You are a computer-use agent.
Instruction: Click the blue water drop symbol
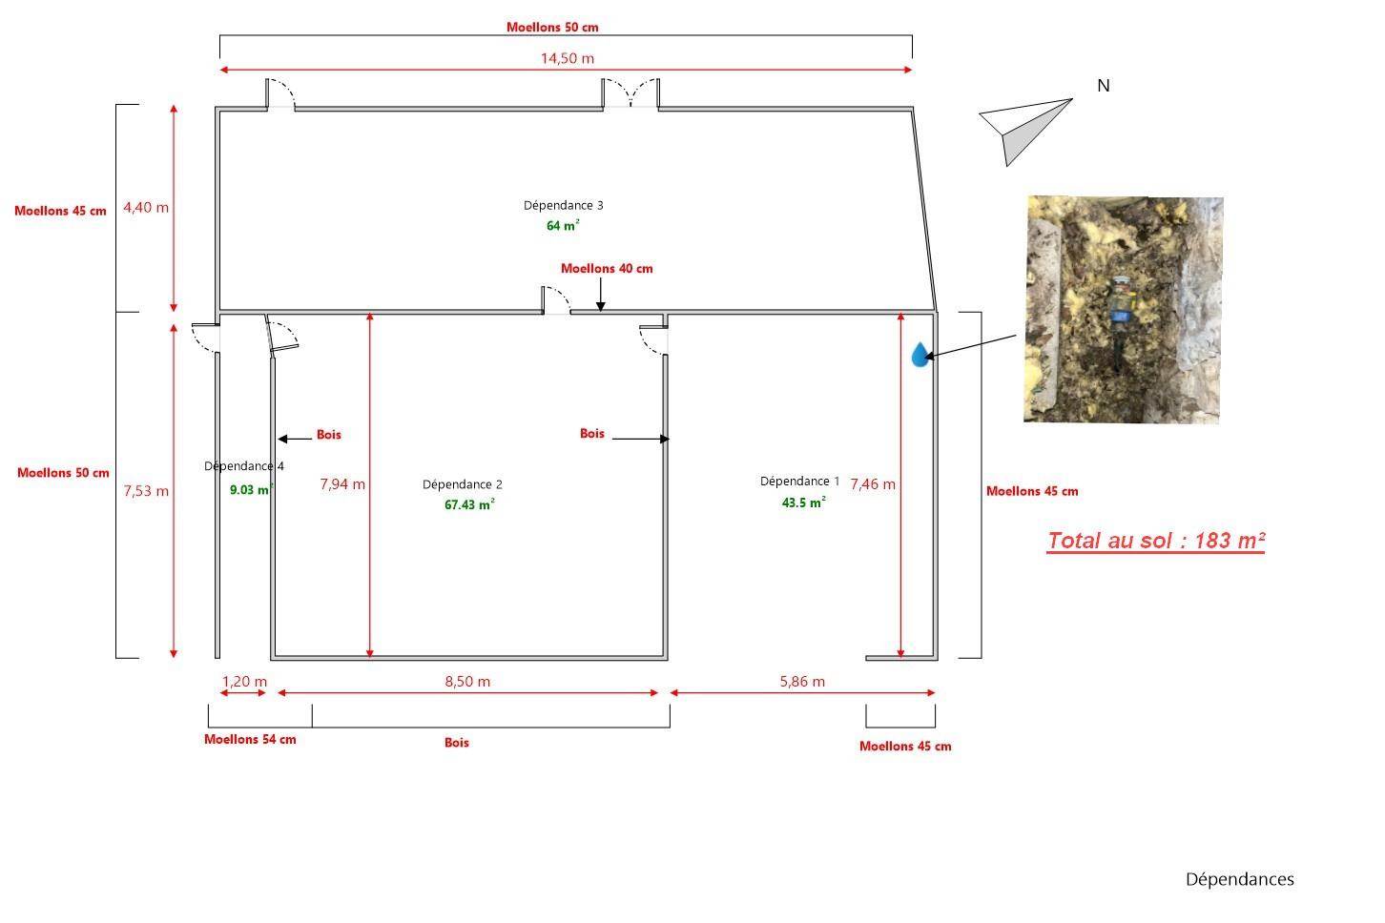point(920,356)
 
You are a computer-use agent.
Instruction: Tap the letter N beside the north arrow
point(1104,86)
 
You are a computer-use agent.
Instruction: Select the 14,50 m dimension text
point(567,58)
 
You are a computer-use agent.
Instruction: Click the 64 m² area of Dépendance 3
point(562,226)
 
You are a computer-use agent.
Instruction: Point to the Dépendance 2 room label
point(462,484)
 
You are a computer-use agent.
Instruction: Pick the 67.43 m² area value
point(468,504)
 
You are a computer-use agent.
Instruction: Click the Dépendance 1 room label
point(799,482)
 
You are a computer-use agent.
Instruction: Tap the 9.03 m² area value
point(250,490)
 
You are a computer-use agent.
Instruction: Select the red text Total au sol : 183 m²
point(1155,541)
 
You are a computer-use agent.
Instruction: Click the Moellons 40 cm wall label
point(607,269)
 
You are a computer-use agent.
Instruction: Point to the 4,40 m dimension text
point(146,207)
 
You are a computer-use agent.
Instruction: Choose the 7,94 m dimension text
point(342,484)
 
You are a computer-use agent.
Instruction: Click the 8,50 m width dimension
point(467,682)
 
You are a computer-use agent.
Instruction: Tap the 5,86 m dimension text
point(802,682)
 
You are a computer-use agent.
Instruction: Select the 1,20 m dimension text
point(244,682)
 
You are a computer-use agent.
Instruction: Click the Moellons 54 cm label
point(250,740)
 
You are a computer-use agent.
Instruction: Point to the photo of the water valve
point(1123,310)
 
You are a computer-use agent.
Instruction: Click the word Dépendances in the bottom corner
point(1239,879)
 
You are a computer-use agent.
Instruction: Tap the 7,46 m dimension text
point(873,484)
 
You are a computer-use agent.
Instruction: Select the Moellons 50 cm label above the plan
point(552,28)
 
